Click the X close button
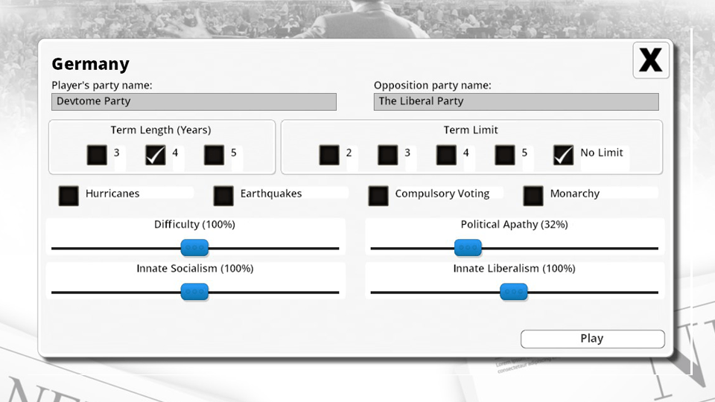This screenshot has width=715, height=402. [651, 60]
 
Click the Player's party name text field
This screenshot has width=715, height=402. [194, 101]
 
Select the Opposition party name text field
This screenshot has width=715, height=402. [516, 101]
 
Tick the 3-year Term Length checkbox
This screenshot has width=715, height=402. [97, 155]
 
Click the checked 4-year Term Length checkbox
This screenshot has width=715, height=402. [156, 155]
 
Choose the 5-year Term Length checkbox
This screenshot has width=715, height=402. [214, 155]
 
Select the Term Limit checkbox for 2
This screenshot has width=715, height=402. [329, 155]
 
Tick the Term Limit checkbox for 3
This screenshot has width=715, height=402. [387, 155]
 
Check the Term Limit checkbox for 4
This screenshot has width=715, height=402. [446, 155]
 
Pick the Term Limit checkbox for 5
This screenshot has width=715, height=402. [505, 155]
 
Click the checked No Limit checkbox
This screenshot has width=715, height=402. [564, 155]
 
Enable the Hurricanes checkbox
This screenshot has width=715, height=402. [69, 195]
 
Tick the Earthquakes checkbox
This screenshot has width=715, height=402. [223, 195]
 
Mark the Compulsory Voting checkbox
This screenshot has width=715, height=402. [378, 195]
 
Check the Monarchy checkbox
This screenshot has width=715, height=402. [533, 195]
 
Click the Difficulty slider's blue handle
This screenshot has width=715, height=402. [194, 248]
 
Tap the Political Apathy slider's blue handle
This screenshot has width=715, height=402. [468, 248]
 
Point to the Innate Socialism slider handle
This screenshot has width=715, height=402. [194, 292]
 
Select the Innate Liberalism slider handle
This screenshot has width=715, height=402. [513, 292]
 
